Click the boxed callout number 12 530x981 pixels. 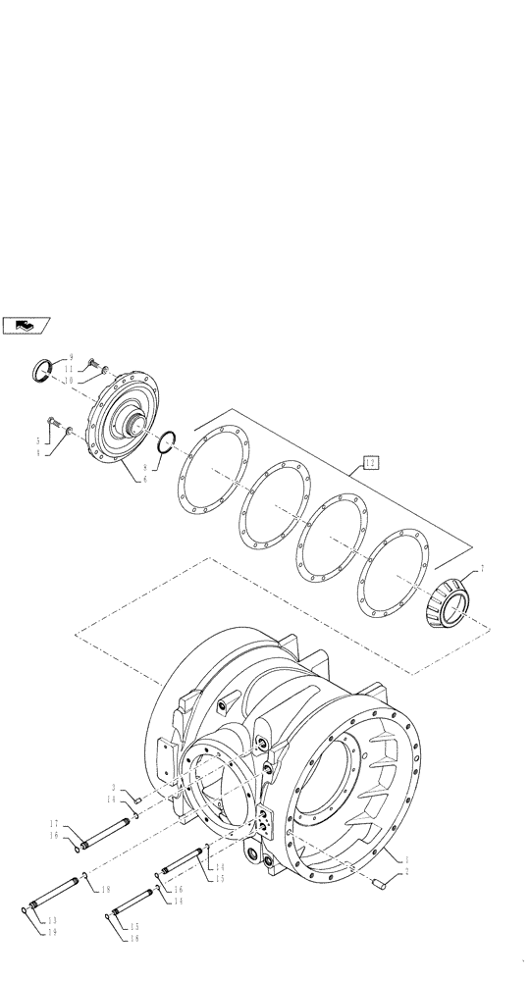[369, 461]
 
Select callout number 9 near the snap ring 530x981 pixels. [70, 359]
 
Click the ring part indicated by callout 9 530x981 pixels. [43, 370]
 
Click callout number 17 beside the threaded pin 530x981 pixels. [56, 824]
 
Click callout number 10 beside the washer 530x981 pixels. [70, 380]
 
